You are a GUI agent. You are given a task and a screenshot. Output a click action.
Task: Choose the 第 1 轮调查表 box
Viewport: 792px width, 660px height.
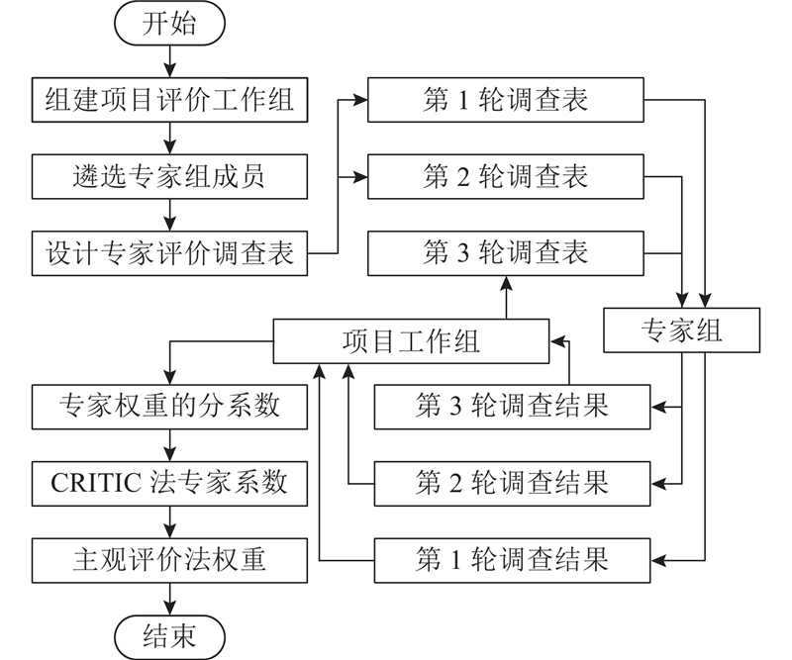[506, 100]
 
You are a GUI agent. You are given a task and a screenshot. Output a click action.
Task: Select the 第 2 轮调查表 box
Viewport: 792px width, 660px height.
[506, 176]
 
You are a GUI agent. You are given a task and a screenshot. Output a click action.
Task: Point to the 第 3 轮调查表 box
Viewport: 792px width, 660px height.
[506, 253]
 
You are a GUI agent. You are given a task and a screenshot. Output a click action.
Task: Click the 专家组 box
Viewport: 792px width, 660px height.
[682, 330]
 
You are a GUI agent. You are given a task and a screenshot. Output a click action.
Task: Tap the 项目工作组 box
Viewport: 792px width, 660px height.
[410, 341]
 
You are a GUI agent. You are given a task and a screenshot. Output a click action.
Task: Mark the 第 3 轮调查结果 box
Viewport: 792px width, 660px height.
[512, 406]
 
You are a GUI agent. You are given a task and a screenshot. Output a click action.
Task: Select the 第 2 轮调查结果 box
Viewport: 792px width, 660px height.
[512, 482]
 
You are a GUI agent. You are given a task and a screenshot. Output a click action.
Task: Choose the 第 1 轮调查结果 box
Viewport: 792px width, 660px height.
[512, 559]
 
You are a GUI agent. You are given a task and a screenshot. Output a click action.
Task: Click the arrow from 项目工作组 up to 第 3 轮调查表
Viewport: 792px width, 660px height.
[506, 297]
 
